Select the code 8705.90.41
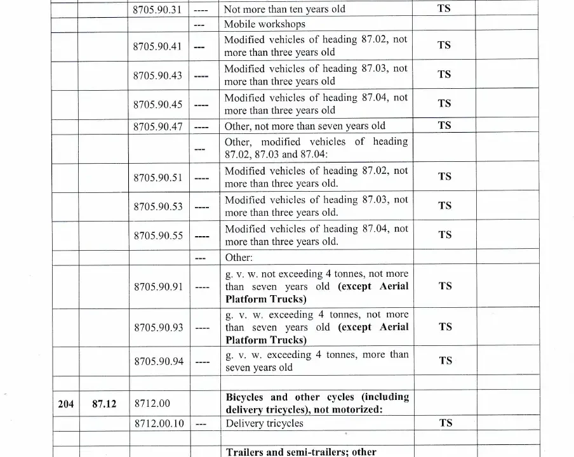pos(157,46)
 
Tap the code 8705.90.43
pos(157,76)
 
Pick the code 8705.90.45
pos(157,105)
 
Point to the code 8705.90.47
pos(157,126)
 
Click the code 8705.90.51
pos(157,178)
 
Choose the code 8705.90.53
pos(157,206)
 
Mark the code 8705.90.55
pos(157,235)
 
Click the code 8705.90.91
pos(157,287)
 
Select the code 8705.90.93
pos(157,328)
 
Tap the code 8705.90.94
pos(157,361)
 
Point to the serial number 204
pos(65,403)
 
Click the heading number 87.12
pos(104,403)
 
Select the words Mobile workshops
pos(265,24)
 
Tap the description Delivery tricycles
pos(265,423)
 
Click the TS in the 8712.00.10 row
pos(445,423)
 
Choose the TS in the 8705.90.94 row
pos(445,361)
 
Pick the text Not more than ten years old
pos(284,10)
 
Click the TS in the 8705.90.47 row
pos(445,125)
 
